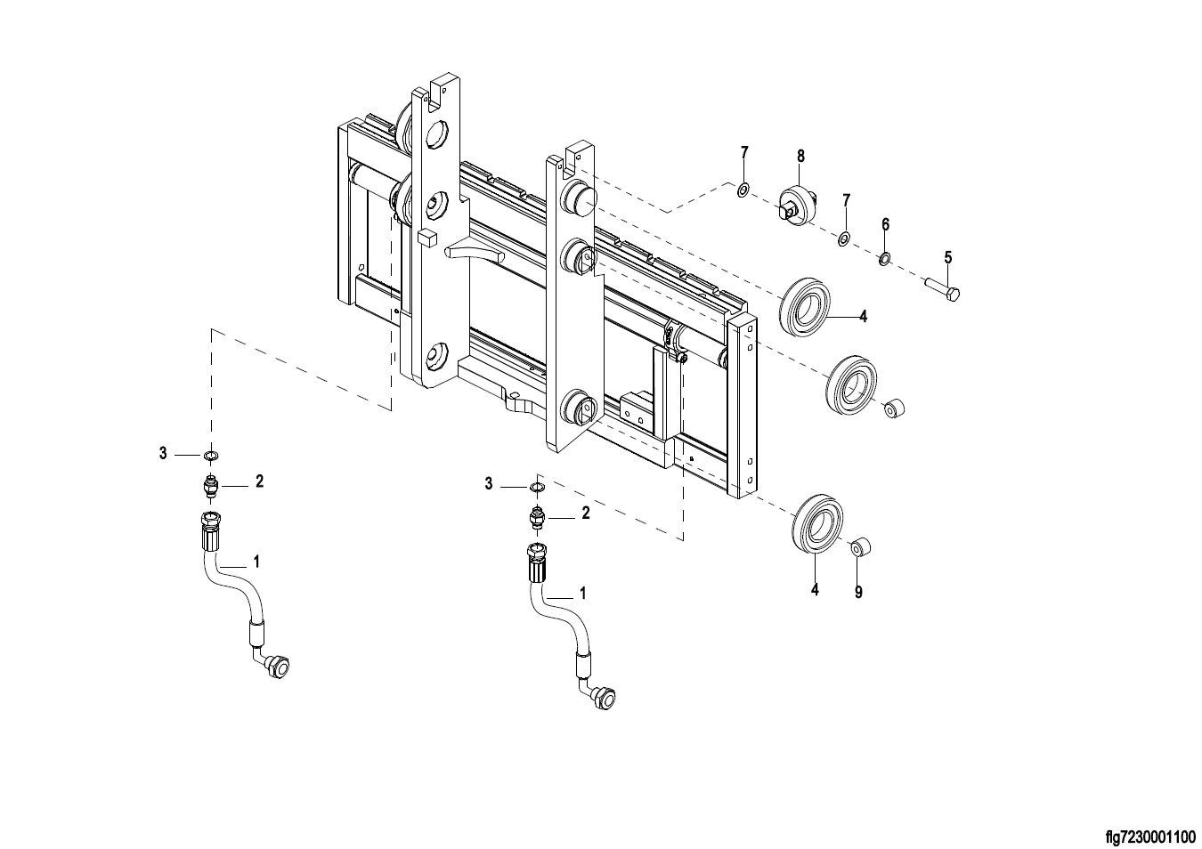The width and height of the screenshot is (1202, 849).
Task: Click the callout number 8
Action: coord(800,156)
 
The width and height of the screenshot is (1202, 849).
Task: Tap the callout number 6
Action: coord(885,224)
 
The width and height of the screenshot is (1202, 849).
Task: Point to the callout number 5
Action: coord(948,258)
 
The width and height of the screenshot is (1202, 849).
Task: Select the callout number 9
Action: coord(858,592)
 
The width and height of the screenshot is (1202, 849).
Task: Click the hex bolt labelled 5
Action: coord(942,289)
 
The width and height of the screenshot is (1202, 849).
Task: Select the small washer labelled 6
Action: coord(884,260)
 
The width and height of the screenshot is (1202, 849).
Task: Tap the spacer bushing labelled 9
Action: coord(861,546)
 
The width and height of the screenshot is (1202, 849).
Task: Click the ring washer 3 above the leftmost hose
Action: coord(211,456)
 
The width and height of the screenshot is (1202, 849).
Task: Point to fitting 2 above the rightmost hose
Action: coord(537,517)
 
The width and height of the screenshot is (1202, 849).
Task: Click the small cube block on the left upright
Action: coord(426,237)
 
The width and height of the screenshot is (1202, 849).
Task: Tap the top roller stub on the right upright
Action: coord(578,197)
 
